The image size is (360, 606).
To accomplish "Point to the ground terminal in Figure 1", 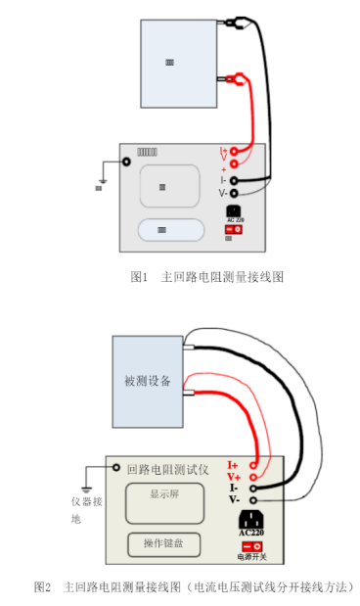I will [x=126, y=161].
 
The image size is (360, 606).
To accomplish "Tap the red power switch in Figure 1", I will [x=235, y=229].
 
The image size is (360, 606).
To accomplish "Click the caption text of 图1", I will [x=206, y=278].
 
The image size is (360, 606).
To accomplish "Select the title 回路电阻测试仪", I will [x=167, y=469].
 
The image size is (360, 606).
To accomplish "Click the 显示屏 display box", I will [x=165, y=501].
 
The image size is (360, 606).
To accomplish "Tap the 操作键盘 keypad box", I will [x=165, y=542].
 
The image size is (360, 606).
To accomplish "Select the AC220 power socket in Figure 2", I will [x=251, y=520].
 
